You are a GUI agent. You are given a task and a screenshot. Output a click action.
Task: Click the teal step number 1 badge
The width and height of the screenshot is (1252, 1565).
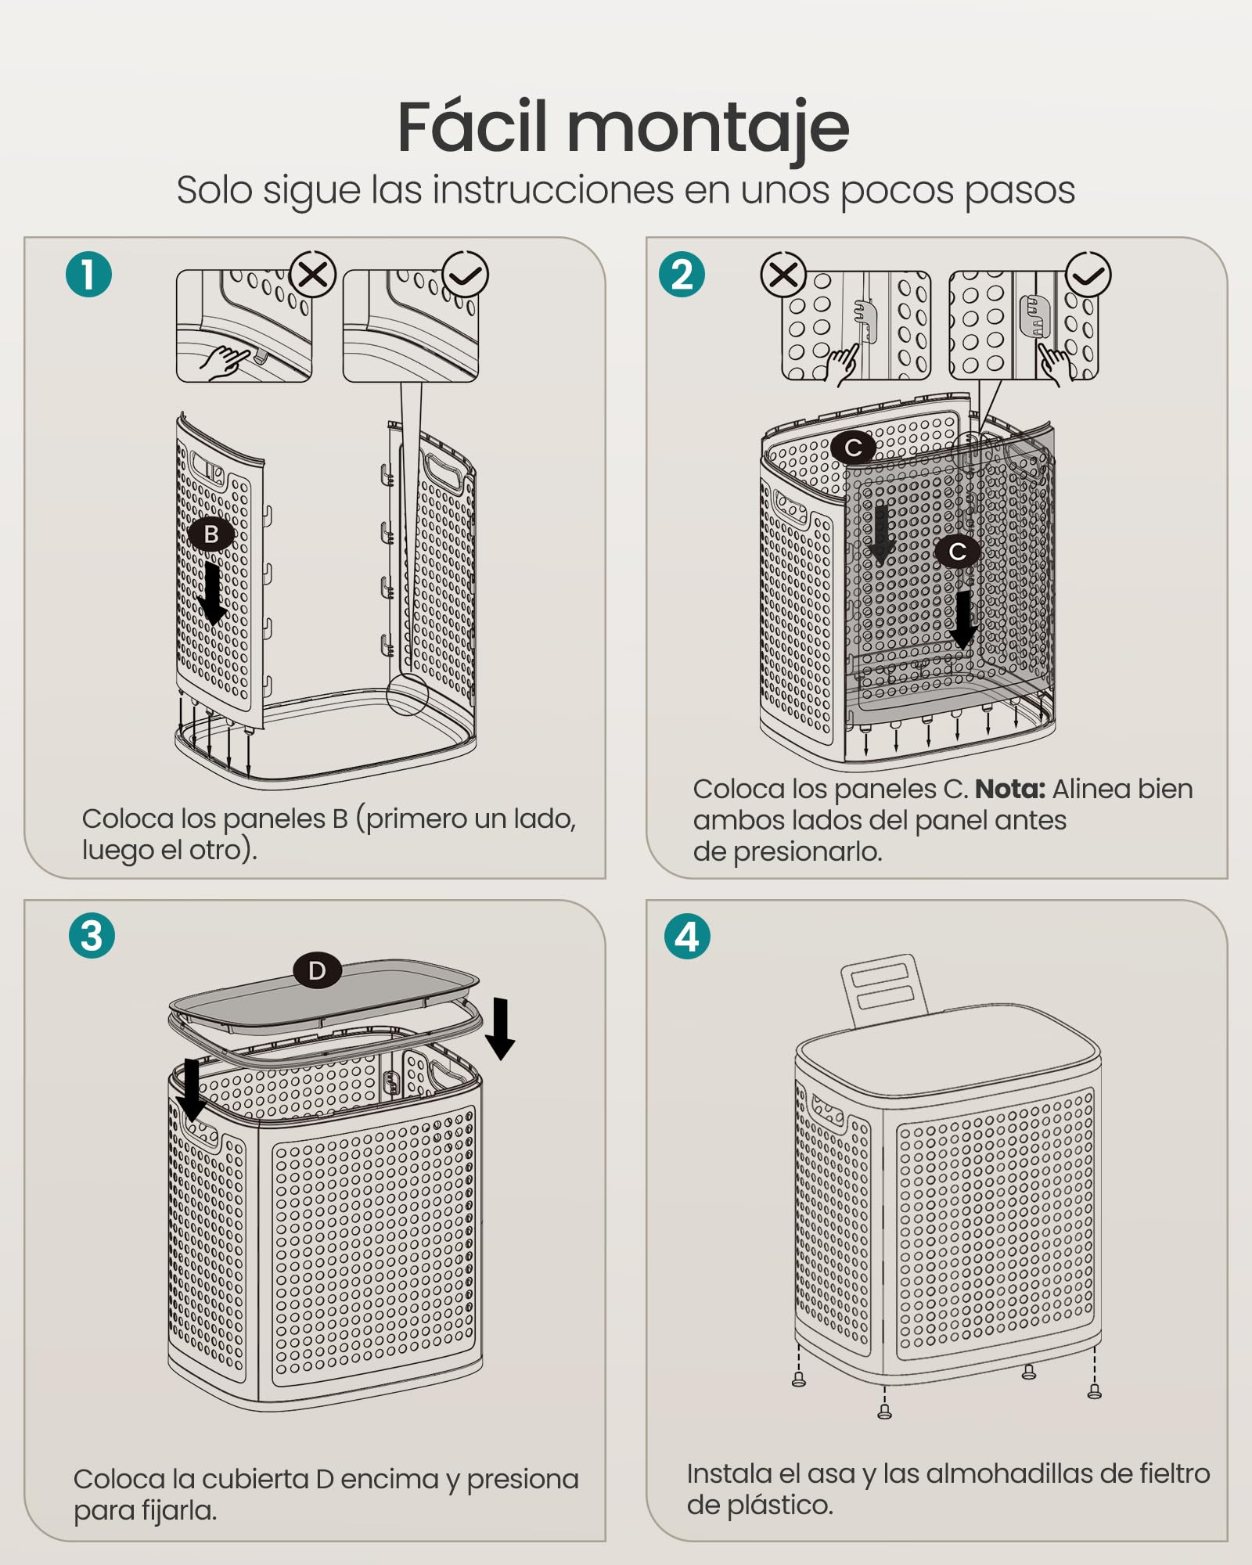coord(88,275)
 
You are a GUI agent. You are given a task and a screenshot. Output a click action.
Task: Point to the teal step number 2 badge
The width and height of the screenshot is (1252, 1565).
coord(682,275)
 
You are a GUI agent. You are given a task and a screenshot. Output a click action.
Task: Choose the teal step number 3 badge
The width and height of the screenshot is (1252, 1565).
coord(92,936)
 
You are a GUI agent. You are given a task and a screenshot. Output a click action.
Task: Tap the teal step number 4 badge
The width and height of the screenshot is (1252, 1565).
coord(687,936)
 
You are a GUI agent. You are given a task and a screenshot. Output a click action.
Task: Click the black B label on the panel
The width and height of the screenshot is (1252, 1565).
coord(211,534)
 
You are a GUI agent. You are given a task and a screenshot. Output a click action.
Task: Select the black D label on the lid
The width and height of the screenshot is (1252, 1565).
coord(317,970)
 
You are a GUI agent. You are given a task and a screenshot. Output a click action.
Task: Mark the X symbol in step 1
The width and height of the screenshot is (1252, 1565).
coord(313,275)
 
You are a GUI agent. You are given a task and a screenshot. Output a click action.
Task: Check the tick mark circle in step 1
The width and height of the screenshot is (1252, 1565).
coord(466,275)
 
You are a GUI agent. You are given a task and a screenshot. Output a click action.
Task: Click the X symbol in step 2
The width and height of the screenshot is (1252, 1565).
coord(783,275)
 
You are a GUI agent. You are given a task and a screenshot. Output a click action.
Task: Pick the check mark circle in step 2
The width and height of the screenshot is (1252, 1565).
coord(1088,275)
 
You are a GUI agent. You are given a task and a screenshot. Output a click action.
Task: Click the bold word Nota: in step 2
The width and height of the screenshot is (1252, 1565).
coord(1010,789)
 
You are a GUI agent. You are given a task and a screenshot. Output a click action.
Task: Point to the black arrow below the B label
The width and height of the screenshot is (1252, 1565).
coord(212,593)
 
